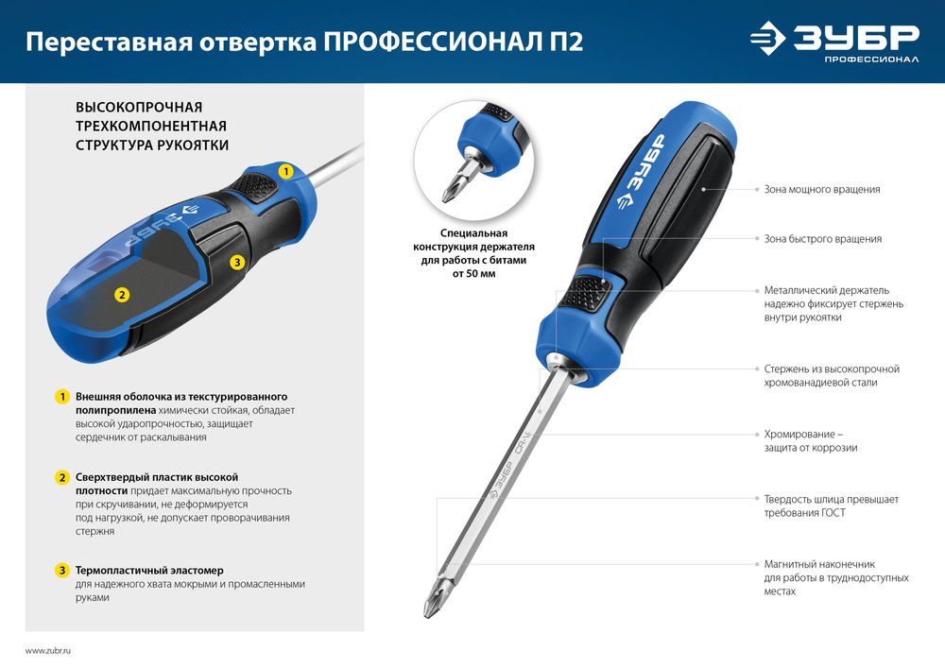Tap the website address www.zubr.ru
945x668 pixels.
[48, 651]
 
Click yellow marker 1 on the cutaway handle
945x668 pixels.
[285, 171]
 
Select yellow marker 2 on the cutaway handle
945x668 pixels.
[121, 294]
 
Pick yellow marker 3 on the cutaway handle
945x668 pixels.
[237, 261]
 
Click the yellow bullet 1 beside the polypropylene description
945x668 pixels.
[61, 397]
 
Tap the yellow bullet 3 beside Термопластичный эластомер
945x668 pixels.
[61, 571]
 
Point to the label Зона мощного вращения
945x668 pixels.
[822, 190]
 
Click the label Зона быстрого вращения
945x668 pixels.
[822, 239]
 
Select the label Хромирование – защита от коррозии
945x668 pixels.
[811, 440]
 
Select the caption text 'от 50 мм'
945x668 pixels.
[474, 273]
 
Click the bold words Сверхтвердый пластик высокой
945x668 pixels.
[157, 477]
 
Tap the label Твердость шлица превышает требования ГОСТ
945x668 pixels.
[831, 505]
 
